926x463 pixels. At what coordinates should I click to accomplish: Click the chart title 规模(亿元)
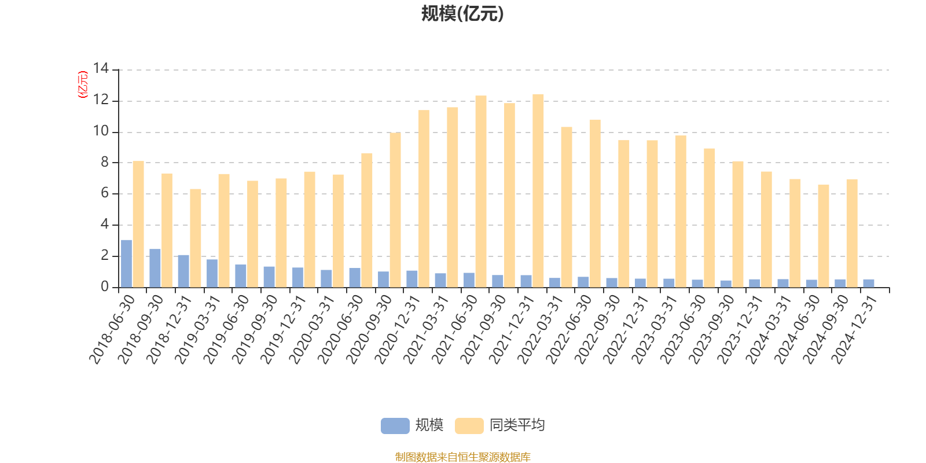tap(462, 14)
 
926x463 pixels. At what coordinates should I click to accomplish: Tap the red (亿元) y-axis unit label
tap(83, 84)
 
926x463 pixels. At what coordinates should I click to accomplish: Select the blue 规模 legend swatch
tap(395, 425)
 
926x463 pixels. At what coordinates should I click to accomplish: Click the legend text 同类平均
tap(517, 425)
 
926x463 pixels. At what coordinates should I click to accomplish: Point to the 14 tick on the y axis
tap(101, 69)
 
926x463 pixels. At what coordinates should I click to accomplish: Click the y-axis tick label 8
tap(105, 163)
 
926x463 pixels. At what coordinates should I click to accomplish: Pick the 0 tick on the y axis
tap(105, 287)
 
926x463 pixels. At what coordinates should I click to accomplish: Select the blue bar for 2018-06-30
tap(126, 263)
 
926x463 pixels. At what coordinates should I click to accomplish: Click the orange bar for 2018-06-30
tap(138, 224)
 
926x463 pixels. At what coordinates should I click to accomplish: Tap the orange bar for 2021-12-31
tap(538, 190)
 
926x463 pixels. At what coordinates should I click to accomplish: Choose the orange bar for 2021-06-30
tap(481, 192)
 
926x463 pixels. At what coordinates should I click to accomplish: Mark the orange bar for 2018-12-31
tap(196, 238)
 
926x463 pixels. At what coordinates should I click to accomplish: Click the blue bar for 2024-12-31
tap(869, 283)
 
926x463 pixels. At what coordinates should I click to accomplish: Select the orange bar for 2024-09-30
tap(852, 233)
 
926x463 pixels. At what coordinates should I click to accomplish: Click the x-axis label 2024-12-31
tap(855, 329)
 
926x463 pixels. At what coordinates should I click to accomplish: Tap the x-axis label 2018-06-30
tap(112, 329)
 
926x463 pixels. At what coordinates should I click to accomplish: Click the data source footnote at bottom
tap(462, 457)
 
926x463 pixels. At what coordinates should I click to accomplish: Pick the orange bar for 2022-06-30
tap(595, 203)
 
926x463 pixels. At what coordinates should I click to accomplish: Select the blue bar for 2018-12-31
tap(183, 271)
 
